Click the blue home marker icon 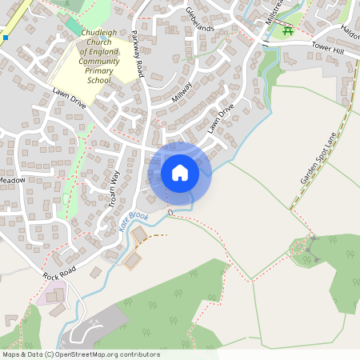coord(180,173)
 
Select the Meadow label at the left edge coord(12,181)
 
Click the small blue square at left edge coord(5,37)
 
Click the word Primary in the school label coord(99,70)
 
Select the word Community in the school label coord(99,60)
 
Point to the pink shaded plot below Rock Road coord(50,293)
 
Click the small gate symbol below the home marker coord(170,211)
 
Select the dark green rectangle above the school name coord(73,26)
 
